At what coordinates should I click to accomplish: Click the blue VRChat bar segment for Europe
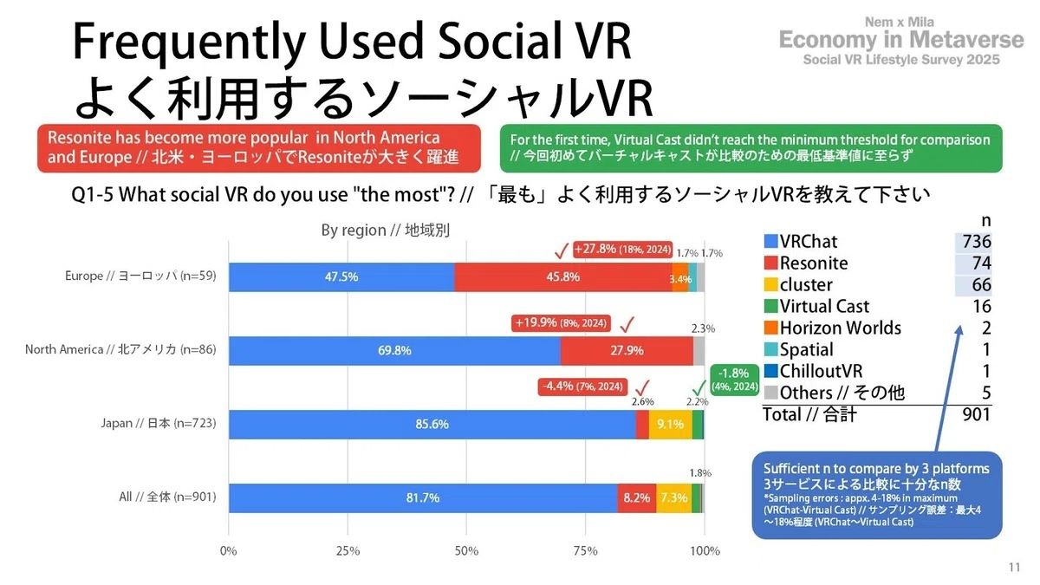click(341, 276)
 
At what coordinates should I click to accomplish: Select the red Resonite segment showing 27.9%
click(627, 350)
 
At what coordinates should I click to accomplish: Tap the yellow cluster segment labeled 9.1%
click(670, 424)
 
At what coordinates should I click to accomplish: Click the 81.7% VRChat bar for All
click(423, 497)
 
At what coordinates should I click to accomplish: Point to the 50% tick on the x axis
click(466, 550)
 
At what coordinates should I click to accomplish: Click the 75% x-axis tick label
click(585, 550)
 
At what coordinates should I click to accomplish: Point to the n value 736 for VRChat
click(975, 242)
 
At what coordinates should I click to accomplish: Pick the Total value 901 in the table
click(976, 415)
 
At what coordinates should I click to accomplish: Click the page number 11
click(1014, 567)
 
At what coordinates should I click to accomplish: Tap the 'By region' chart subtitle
click(385, 231)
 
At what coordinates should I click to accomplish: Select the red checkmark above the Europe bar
click(561, 250)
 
